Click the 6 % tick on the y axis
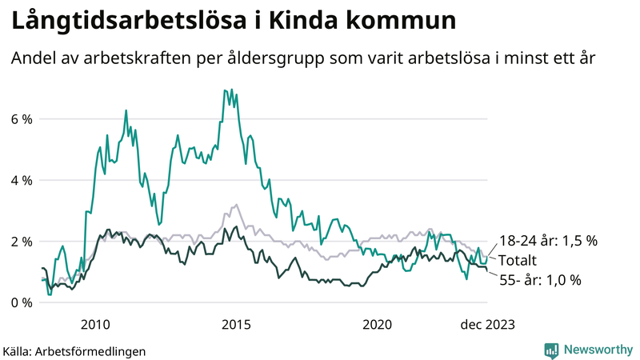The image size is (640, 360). pyautogui.click(x=22, y=119)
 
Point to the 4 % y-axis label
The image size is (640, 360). pyautogui.click(x=22, y=180)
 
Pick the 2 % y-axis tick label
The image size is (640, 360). pyautogui.click(x=22, y=242)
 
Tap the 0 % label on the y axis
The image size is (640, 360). pyautogui.click(x=22, y=302)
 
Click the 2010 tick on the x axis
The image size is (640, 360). pyautogui.click(x=95, y=324)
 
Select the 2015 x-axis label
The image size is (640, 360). pyautogui.click(x=236, y=324)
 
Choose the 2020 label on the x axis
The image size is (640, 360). pyautogui.click(x=377, y=324)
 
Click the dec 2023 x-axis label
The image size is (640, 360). pyautogui.click(x=487, y=324)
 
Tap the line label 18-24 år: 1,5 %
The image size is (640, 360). pyautogui.click(x=549, y=240)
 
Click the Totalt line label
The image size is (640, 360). pyautogui.click(x=518, y=260)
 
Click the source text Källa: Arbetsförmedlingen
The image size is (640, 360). pyautogui.click(x=74, y=350)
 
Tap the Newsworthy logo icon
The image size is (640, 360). pyautogui.click(x=551, y=350)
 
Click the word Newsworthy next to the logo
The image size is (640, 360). pyautogui.click(x=597, y=350)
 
